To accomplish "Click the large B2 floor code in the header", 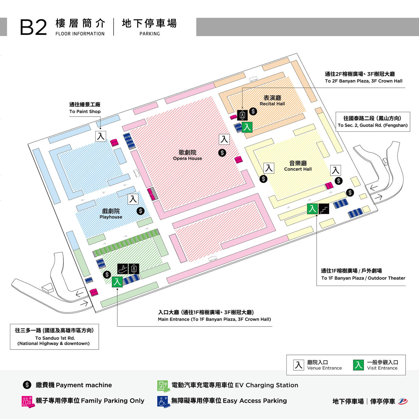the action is tap(34, 27).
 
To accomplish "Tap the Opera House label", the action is tap(188, 155).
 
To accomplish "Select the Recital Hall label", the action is tap(272, 101).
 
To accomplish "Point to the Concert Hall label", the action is tap(298, 166).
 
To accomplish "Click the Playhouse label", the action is tap(111, 214).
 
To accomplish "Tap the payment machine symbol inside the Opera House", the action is tap(222, 153).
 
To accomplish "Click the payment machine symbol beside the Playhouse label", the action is tap(140, 211).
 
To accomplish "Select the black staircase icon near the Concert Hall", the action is tap(324, 209).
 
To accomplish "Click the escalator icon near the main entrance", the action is tap(123, 269).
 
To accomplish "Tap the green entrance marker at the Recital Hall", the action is tap(247, 127).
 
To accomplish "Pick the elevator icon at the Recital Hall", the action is tap(242, 115).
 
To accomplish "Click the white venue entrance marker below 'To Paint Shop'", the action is tap(101, 136).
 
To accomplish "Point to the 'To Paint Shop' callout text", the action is tap(85, 108).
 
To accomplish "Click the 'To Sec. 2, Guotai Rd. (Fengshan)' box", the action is tap(373, 122).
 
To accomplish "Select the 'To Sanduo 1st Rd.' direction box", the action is tap(54, 337).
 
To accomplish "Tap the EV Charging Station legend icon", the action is tap(163, 386).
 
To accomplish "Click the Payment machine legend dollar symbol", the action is tap(27, 385).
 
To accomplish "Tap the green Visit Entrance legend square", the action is tap(359, 365).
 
